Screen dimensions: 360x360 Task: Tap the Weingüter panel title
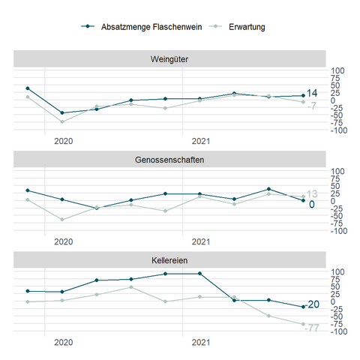(169, 59)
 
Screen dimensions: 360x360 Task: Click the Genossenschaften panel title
(169, 160)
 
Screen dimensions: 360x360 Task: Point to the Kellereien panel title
(169, 260)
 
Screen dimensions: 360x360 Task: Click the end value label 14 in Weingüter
(312, 93)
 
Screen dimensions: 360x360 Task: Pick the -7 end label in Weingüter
(312, 106)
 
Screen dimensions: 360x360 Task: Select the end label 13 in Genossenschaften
(312, 194)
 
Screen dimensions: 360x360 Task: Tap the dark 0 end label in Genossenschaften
(312, 205)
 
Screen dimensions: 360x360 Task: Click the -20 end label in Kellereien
(313, 304)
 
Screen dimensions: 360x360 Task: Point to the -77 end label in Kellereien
(312, 328)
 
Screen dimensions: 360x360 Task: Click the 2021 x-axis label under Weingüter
(201, 141)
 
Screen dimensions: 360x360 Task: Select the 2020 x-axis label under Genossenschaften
(64, 241)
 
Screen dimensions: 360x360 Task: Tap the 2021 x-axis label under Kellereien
(201, 343)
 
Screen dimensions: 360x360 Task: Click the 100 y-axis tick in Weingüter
(337, 70)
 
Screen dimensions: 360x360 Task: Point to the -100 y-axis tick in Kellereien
(339, 331)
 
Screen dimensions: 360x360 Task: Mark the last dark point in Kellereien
(303, 307)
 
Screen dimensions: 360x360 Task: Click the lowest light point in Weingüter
(62, 121)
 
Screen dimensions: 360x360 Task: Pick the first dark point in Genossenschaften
(28, 190)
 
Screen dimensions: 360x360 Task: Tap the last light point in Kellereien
(303, 324)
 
